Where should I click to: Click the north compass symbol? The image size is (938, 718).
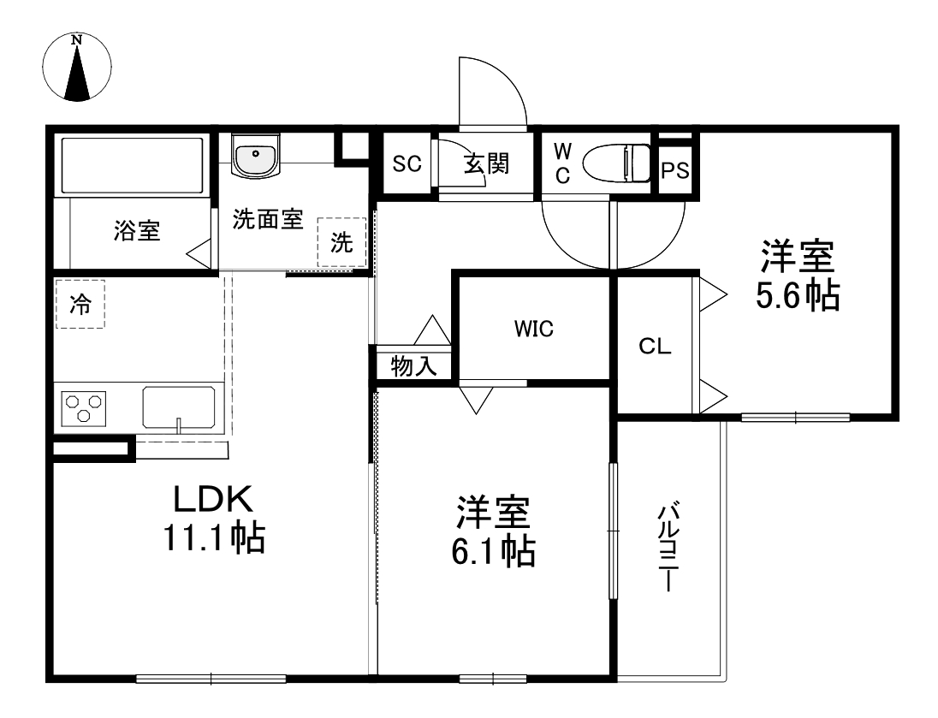click(x=77, y=67)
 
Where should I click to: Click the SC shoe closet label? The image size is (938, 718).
click(x=407, y=163)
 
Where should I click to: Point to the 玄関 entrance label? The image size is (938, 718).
click(x=487, y=163)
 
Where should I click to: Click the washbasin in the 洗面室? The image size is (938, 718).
click(x=255, y=158)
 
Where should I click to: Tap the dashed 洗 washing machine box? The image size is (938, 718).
click(x=341, y=243)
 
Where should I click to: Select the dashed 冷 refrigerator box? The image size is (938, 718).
click(x=80, y=304)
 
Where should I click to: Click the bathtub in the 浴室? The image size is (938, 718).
click(x=131, y=164)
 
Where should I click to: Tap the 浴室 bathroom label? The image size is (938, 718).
click(x=137, y=230)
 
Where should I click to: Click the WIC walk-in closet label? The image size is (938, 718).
click(x=534, y=328)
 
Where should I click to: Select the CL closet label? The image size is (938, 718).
click(x=656, y=347)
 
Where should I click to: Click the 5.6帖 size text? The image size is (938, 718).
click(x=797, y=295)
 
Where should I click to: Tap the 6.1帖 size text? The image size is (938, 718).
click(x=493, y=552)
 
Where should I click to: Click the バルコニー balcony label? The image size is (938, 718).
click(x=667, y=549)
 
